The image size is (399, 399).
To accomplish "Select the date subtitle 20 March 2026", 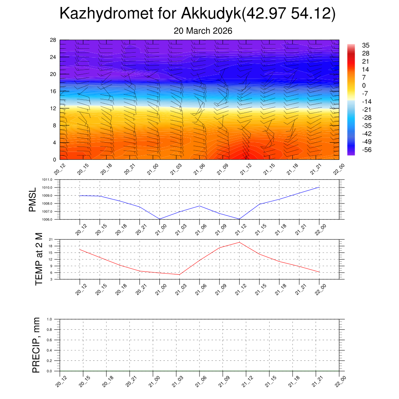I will (x=203, y=31).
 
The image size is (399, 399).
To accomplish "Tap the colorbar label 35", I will (x=365, y=46).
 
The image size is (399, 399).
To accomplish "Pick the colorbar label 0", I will (x=364, y=86).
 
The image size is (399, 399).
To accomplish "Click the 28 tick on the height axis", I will (x=53, y=40).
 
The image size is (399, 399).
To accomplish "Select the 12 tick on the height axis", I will (x=53, y=108).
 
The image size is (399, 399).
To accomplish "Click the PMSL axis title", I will (x=33, y=199).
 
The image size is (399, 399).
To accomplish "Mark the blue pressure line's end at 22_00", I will (x=319, y=187).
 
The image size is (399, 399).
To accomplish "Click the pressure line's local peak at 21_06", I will (x=199, y=206).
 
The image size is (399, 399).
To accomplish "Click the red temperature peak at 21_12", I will (x=239, y=242).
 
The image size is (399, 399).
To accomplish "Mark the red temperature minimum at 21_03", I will (x=179, y=275).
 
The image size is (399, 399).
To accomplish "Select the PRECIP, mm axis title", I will (x=36, y=345).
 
